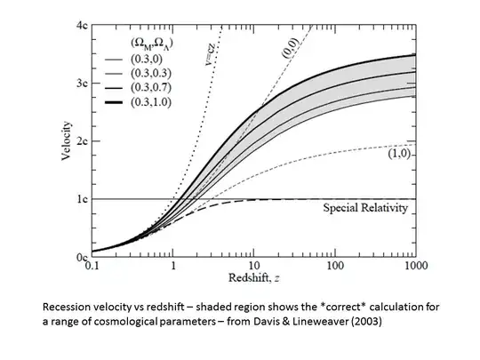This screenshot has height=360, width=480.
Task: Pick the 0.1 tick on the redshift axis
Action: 91,266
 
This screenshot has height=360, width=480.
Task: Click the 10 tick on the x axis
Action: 253,266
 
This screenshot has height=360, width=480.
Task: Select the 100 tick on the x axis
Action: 335,266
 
